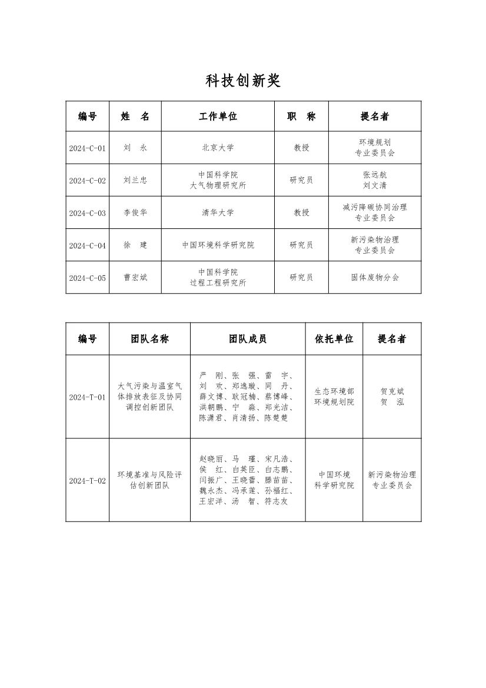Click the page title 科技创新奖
point(243,81)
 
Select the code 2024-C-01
point(87,148)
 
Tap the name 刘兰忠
point(135,181)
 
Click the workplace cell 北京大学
point(218,148)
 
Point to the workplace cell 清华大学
point(218,213)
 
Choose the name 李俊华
point(135,213)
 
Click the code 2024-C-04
point(87,245)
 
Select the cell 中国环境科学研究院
point(218,245)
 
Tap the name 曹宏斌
point(135,278)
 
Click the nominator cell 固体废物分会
point(375,278)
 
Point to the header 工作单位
point(218,117)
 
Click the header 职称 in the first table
point(301,117)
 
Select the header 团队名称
point(149,339)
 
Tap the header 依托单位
point(334,339)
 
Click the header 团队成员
point(248,339)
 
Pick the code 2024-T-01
point(87,397)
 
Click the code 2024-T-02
point(87,481)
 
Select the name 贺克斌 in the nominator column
point(392,391)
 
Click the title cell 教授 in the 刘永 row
point(301,148)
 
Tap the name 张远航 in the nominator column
point(375,175)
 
